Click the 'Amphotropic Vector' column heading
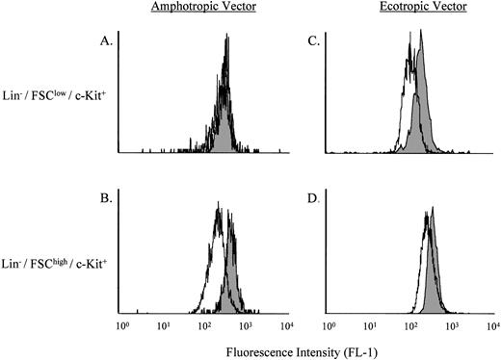pyautogui.click(x=204, y=9)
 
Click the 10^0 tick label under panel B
pyautogui.click(x=121, y=327)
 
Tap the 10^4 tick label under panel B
pyautogui.click(x=286, y=327)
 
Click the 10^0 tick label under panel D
pyautogui.click(x=329, y=327)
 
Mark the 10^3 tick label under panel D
pyautogui.click(x=452, y=327)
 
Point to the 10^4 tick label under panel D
pyautogui.click(x=492, y=327)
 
